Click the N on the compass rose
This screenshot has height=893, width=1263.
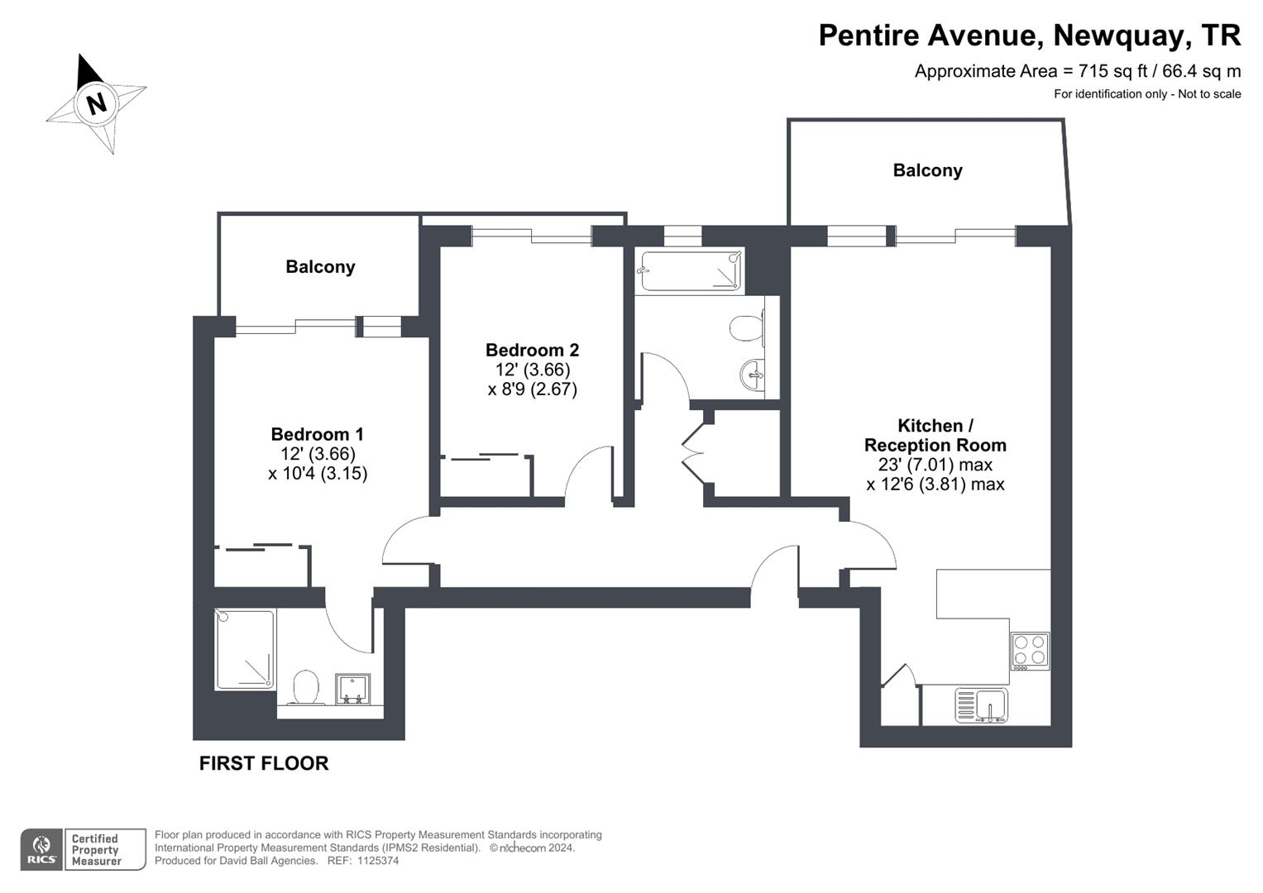click(97, 104)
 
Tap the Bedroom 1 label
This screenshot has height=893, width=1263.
click(317, 434)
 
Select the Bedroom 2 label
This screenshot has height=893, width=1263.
click(532, 350)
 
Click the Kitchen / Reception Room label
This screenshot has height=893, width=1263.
click(935, 435)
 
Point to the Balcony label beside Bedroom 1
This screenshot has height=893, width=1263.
click(320, 267)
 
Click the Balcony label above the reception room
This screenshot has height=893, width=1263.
click(927, 170)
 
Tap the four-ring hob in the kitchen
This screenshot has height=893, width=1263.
click(1030, 650)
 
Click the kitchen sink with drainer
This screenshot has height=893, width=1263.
click(981, 705)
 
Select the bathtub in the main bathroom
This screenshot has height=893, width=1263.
click(691, 271)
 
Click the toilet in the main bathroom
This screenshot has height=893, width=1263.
click(745, 328)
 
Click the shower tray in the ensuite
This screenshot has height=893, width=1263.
click(245, 649)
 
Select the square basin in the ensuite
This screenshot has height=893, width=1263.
click(353, 689)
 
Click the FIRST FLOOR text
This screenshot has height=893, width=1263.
click(264, 763)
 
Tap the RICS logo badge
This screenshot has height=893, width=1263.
click(41, 849)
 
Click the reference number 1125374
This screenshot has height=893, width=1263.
click(378, 861)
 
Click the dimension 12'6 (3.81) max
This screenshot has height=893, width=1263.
click(935, 485)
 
